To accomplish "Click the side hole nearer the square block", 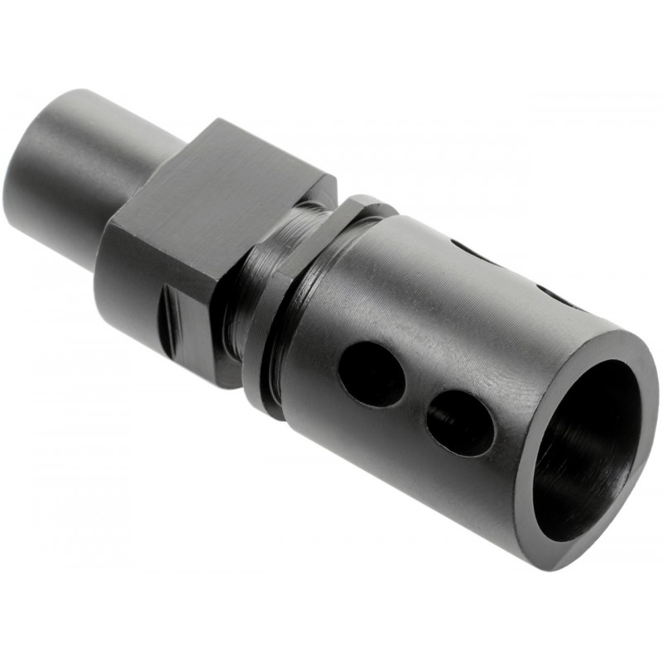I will click(372, 373).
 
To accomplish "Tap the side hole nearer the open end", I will click(461, 422).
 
